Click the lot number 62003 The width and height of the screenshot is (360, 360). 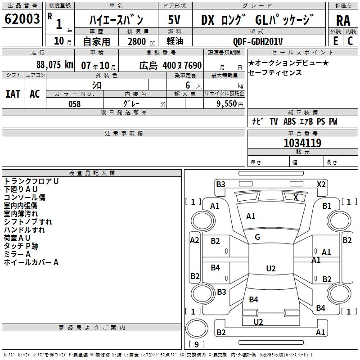pyautogui.click(x=22, y=19)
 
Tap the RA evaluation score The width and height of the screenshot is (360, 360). pyautogui.click(x=343, y=21)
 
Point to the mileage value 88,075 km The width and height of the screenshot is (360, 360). pyautogui.click(x=54, y=65)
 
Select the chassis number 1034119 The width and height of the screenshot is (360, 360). pyautogui.click(x=302, y=143)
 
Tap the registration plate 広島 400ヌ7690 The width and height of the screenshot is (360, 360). pyautogui.click(x=170, y=65)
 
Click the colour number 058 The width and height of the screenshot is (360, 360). pyautogui.click(x=74, y=104)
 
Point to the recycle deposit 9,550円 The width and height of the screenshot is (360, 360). pyautogui.click(x=230, y=104)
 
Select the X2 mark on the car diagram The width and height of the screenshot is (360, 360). pyautogui.click(x=321, y=184)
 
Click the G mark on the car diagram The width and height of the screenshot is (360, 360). pyautogui.click(x=257, y=237)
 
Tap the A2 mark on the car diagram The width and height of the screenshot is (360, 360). pyautogui.click(x=194, y=240)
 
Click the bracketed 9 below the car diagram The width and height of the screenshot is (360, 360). pyautogui.click(x=196, y=345)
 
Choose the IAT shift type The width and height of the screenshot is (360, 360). pyautogui.click(x=13, y=94)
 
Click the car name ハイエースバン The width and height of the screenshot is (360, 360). pyautogui.click(x=116, y=20)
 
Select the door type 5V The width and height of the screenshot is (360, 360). pyautogui.click(x=175, y=20)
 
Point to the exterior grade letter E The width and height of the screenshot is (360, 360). pyautogui.click(x=335, y=41)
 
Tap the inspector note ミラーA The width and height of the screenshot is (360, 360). pyautogui.click(x=17, y=254)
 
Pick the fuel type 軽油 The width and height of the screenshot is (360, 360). pyautogui.click(x=175, y=41)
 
